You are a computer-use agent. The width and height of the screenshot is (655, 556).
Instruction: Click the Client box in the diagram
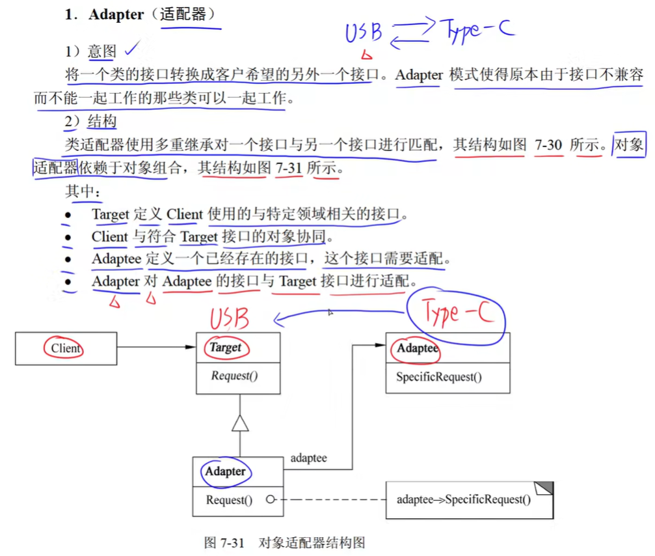click(66, 348)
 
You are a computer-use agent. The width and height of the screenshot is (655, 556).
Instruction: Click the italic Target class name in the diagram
click(225, 348)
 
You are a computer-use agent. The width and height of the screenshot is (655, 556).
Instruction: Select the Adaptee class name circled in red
click(418, 348)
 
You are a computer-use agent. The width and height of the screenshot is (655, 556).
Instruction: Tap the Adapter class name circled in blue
click(225, 471)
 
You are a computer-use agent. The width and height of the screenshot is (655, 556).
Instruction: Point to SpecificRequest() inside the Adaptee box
click(439, 377)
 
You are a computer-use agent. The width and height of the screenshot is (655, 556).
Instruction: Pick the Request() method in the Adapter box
click(229, 500)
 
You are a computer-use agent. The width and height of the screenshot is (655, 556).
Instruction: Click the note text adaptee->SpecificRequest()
click(463, 500)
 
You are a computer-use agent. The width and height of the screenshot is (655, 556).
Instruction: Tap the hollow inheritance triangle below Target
click(241, 423)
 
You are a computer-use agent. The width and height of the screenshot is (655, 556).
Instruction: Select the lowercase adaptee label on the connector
click(308, 458)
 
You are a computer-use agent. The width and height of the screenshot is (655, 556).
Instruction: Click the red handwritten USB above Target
click(229, 318)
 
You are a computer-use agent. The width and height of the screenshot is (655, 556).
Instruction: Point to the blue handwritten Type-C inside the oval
click(457, 315)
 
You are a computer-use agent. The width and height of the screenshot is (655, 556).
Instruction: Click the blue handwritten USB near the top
click(364, 33)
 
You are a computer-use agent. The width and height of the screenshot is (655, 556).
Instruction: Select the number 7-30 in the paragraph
click(548, 145)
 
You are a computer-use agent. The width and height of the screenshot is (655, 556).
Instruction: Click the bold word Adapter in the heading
click(116, 15)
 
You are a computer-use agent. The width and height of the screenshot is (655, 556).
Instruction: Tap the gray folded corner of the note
click(544, 488)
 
